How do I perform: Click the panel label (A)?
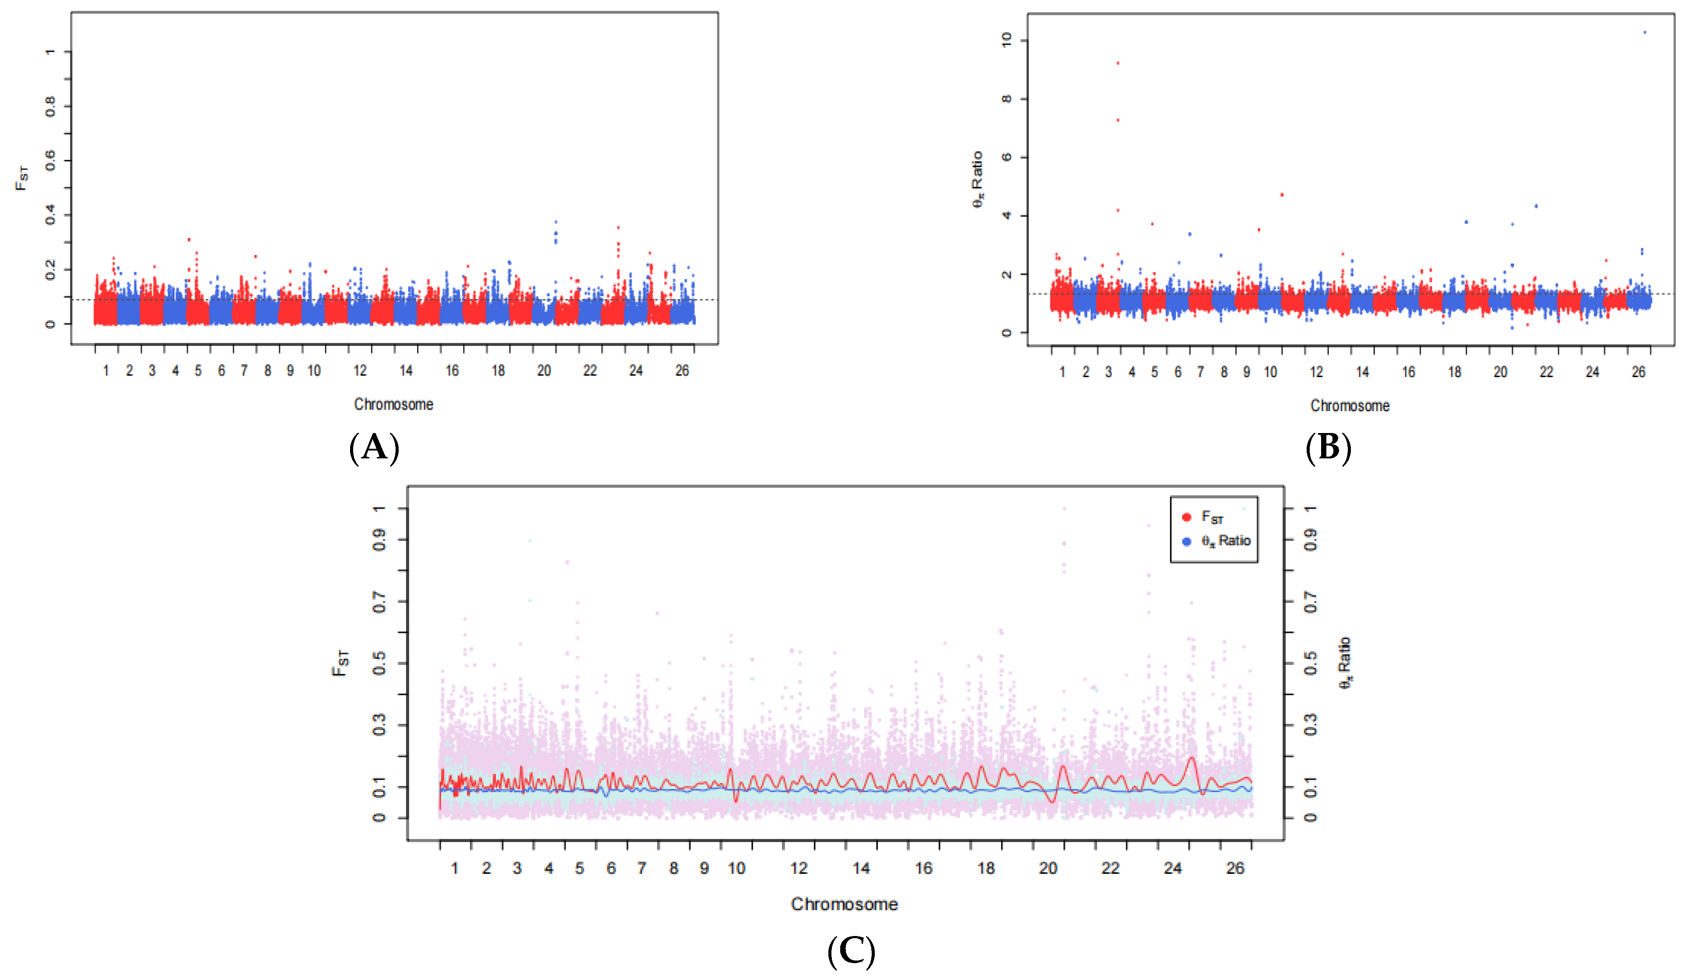point(374,447)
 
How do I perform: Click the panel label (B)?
point(1328,447)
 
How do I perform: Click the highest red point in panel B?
point(1117,63)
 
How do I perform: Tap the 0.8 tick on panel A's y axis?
point(50,106)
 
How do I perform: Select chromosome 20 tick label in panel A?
point(544,371)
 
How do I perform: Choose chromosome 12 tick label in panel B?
point(1316,372)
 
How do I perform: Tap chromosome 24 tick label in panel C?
point(1172,868)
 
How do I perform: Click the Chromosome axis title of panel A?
point(394,404)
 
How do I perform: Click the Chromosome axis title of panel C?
point(844,904)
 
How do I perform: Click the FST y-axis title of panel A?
point(21,178)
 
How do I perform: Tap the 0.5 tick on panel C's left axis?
point(379,663)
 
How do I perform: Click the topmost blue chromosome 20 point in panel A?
point(555,222)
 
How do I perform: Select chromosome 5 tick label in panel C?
point(579,868)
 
